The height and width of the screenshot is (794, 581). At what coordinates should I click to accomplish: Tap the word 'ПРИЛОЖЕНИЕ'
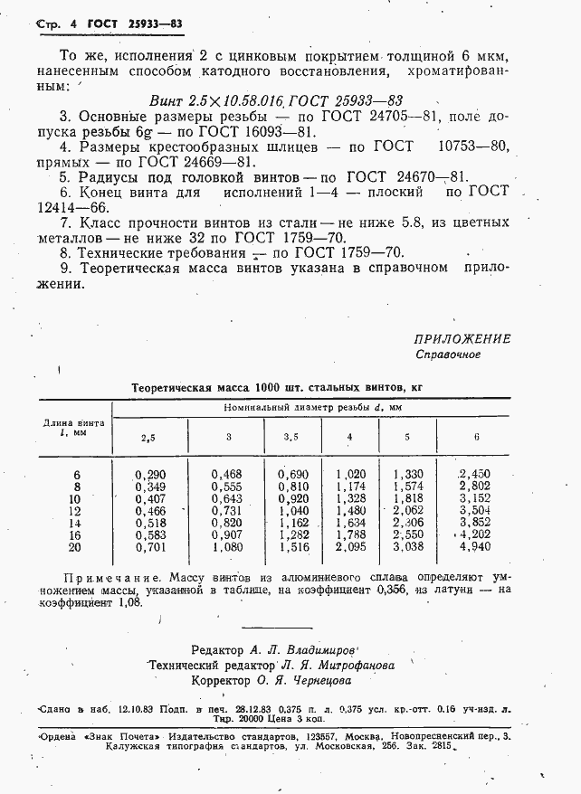462,339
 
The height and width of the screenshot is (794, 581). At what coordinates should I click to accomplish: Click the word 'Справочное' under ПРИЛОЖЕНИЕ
448,354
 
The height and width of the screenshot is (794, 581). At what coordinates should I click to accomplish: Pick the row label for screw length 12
75,510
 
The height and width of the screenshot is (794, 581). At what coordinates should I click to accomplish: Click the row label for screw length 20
75,546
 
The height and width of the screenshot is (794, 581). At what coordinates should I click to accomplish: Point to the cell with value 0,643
227,498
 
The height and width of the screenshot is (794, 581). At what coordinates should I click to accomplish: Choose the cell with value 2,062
407,510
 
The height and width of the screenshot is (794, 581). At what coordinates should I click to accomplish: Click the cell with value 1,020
349,473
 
